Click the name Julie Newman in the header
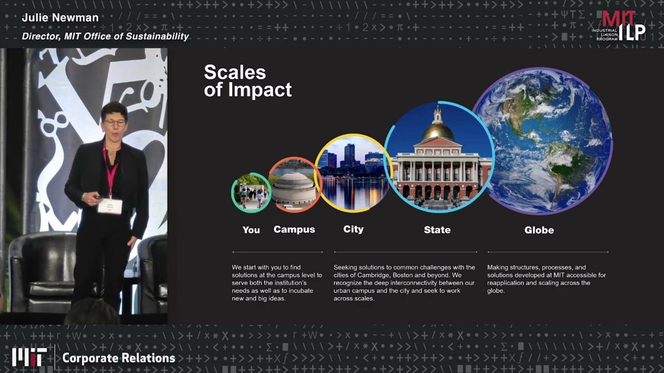(x=60, y=18)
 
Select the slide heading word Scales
(x=235, y=72)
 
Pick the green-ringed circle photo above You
(x=251, y=193)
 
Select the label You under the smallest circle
(x=251, y=230)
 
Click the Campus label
(x=294, y=229)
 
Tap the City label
(x=353, y=229)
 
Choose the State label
(x=437, y=230)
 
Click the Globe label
(x=539, y=230)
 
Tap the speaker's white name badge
(x=110, y=206)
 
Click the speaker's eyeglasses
(x=114, y=123)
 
